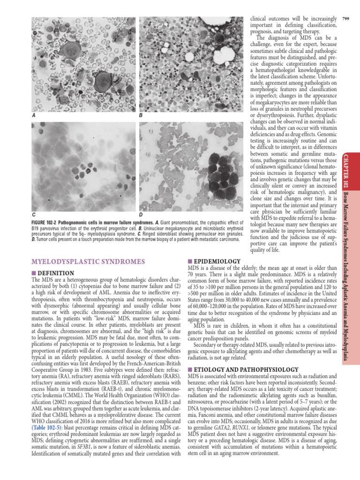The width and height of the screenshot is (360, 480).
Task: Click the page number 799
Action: point(346,18)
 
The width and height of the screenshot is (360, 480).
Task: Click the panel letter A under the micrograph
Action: point(33,115)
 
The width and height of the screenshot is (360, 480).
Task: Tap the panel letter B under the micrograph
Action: point(141,115)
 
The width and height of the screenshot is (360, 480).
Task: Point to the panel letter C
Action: point(33,214)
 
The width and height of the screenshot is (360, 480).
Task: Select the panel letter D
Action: point(141,214)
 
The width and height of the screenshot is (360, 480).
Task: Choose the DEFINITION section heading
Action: point(55,273)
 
